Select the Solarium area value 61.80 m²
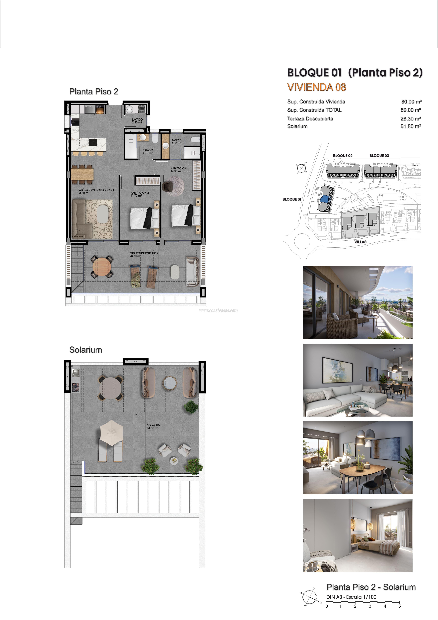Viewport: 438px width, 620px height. tap(411, 126)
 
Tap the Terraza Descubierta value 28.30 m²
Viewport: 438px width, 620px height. tap(411, 119)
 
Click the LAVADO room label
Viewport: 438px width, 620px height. tap(137, 121)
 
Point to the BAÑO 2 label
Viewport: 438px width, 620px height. tap(148, 151)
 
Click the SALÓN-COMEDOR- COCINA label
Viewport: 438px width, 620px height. tap(96, 191)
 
